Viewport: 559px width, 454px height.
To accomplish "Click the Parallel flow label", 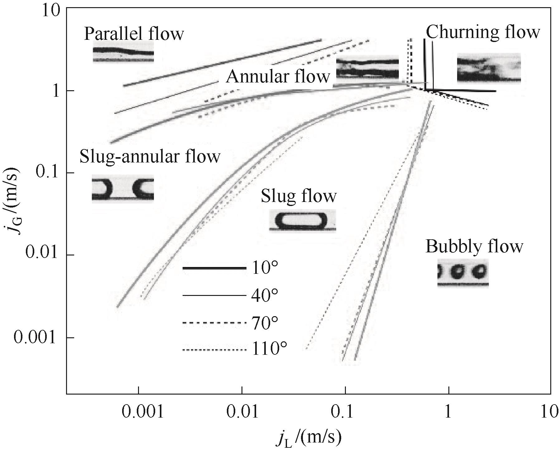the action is (x=134, y=34).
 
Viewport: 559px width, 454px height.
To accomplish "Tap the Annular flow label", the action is (x=278, y=76).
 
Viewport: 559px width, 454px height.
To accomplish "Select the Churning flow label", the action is (x=483, y=32).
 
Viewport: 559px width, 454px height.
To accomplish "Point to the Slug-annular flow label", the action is (x=150, y=157).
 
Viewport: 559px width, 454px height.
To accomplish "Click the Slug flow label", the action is (x=299, y=196).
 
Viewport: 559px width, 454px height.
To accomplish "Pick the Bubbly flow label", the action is (x=474, y=247).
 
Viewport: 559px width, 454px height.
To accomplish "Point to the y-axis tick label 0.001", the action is (x=37, y=338).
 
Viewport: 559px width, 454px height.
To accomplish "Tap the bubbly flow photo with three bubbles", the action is (x=463, y=273).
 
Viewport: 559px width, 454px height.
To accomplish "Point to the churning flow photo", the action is (x=489, y=68).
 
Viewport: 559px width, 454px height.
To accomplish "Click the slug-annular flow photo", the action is (x=123, y=189).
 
